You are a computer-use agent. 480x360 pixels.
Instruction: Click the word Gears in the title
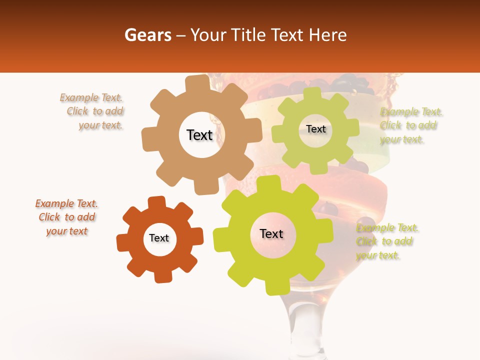(147, 35)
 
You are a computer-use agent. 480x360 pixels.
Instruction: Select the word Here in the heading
(328, 35)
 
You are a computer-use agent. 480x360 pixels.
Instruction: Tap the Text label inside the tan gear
(199, 135)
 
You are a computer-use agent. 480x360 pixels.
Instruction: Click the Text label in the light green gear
(315, 129)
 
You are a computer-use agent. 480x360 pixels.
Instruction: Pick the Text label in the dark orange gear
(159, 238)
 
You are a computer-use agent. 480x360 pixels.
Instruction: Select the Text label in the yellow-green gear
(271, 233)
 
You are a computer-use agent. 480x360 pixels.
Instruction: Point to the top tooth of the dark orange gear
(157, 203)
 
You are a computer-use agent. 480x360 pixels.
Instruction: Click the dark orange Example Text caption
(67, 217)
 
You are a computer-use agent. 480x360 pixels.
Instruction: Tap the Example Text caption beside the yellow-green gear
(386, 241)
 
